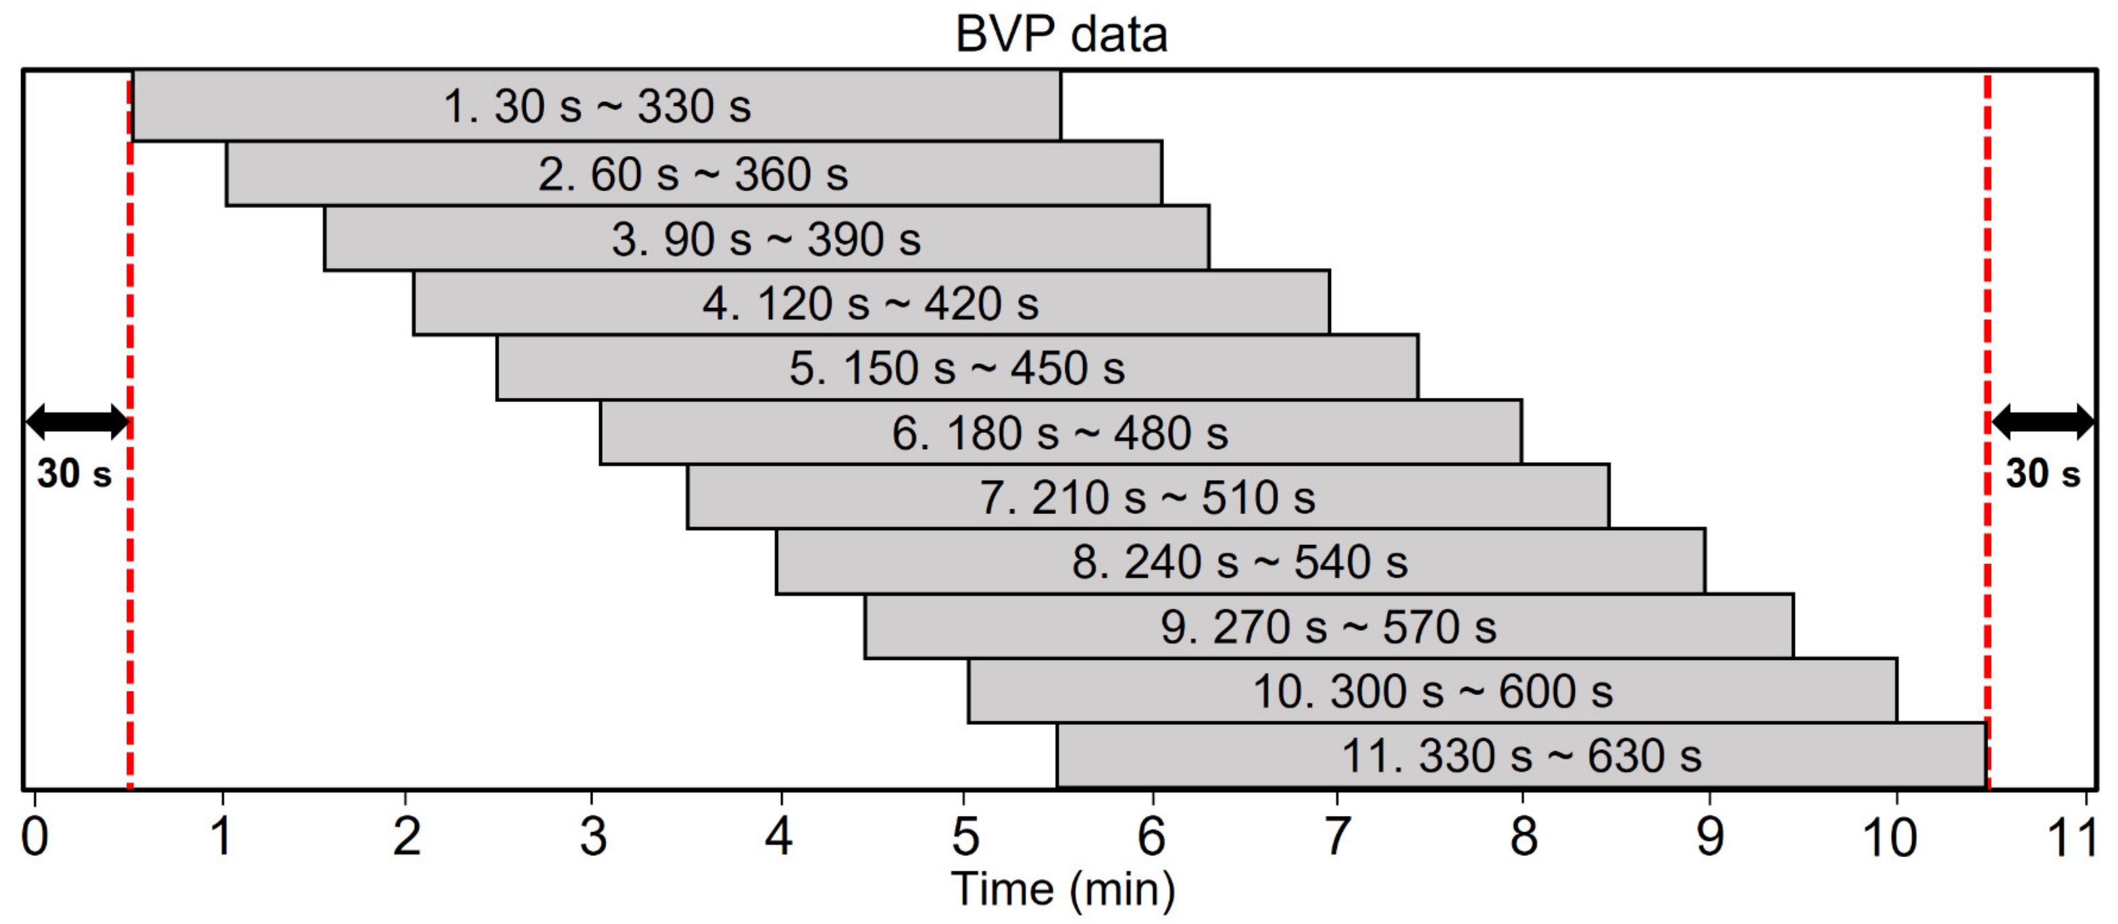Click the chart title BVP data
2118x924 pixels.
(1061, 34)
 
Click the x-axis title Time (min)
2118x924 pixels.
(1062, 890)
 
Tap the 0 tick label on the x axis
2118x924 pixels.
(34, 837)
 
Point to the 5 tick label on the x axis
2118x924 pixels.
(965, 837)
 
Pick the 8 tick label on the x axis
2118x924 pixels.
(1523, 837)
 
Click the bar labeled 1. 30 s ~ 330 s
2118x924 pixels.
(597, 106)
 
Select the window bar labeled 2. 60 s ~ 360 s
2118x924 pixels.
(693, 174)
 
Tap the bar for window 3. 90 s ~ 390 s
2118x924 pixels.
(766, 238)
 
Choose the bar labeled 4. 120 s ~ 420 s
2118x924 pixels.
(871, 303)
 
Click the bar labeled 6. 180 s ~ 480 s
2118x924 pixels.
(1060, 432)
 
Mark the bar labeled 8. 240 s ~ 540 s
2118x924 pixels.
(1240, 561)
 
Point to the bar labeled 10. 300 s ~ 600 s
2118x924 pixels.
(1432, 690)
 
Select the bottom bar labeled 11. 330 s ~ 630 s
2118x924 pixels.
(1521, 755)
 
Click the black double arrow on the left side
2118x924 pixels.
(77, 421)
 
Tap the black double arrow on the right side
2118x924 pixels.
(2042, 421)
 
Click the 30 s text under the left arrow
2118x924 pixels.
(74, 474)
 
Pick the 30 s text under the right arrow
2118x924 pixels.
(2042, 474)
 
